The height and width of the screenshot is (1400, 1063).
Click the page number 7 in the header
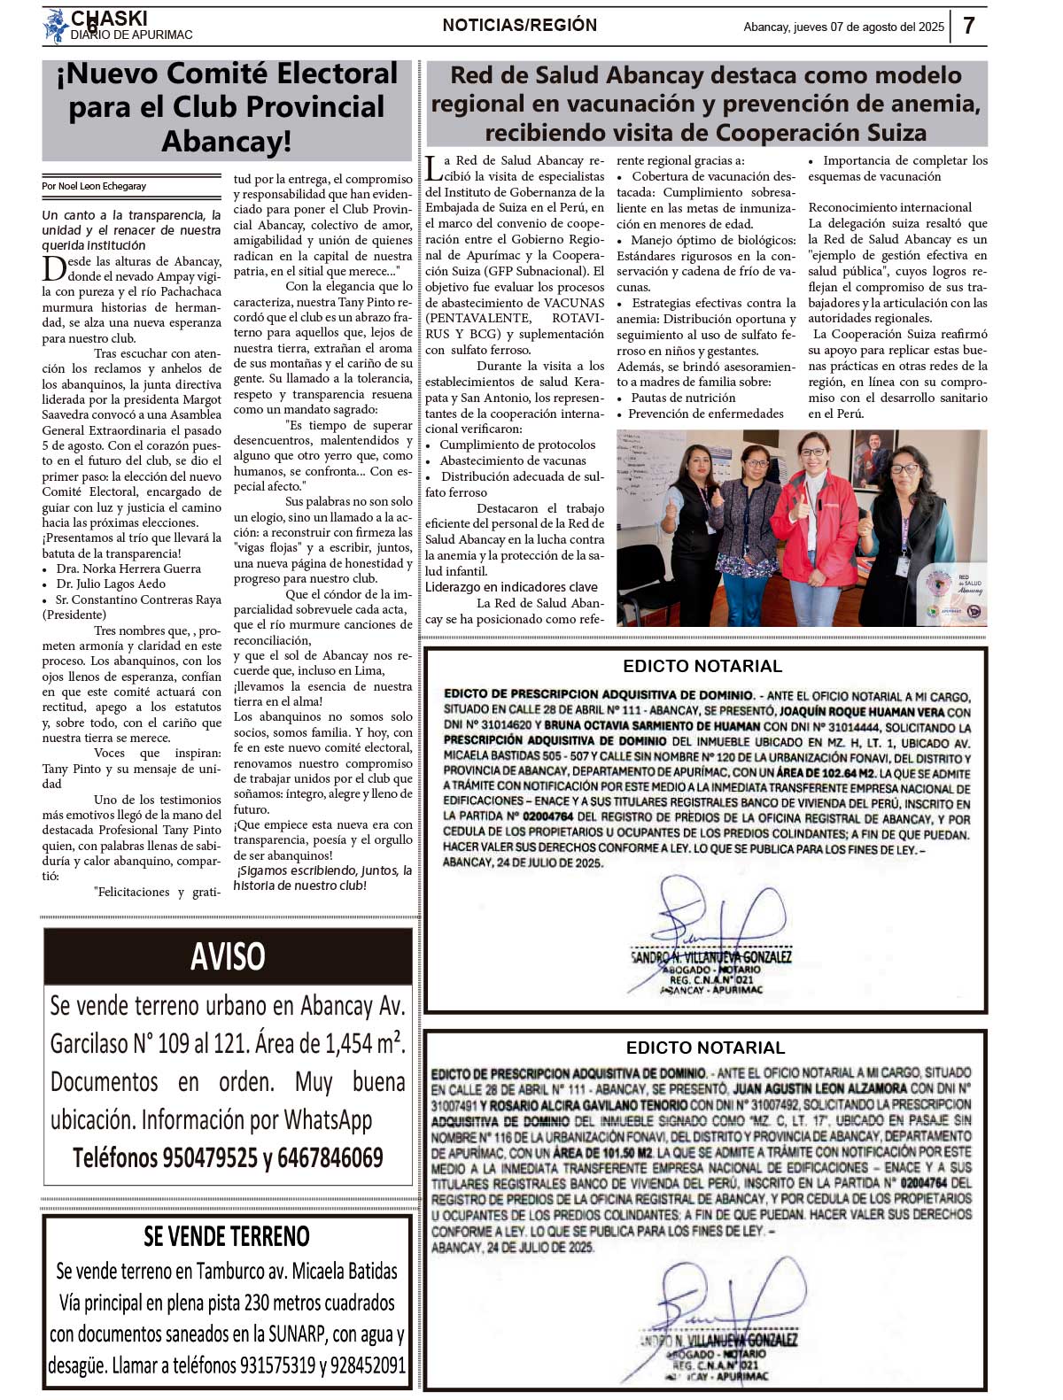(x=969, y=25)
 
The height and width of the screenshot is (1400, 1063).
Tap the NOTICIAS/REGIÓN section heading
(x=520, y=25)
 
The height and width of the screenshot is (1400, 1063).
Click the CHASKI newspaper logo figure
(x=56, y=26)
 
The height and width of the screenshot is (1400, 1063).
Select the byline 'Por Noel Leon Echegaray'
(x=94, y=186)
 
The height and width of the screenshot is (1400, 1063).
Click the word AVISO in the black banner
(x=228, y=956)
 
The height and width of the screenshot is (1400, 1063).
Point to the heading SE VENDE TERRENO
(x=227, y=1236)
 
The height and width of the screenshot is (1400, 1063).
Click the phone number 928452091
(x=368, y=1365)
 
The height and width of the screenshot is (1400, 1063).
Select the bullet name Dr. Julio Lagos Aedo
(x=111, y=584)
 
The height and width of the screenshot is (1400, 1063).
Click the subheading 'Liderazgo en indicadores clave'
(x=511, y=587)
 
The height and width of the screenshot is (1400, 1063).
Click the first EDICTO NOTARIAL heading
(x=702, y=666)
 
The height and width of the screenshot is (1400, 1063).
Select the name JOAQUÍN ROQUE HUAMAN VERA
(x=847, y=712)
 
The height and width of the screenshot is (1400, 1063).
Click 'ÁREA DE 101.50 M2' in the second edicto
(x=602, y=1152)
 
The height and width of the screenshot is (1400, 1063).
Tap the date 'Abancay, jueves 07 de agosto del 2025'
(x=843, y=27)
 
